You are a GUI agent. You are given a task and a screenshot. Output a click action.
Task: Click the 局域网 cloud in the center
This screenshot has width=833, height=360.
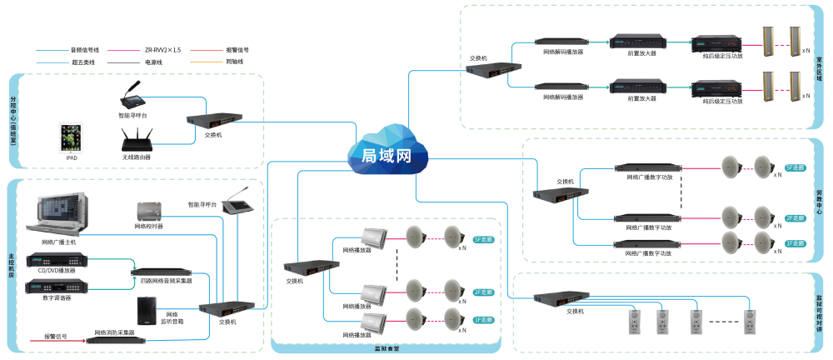(387, 152)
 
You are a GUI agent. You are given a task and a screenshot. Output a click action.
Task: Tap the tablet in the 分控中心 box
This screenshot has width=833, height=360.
(71, 137)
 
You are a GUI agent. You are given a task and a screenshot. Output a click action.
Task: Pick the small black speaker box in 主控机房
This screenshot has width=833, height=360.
(147, 311)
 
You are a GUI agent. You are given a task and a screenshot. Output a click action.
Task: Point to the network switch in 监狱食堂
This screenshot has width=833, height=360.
(311, 267)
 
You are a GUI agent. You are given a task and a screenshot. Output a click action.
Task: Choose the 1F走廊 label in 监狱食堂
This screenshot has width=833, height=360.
(483, 320)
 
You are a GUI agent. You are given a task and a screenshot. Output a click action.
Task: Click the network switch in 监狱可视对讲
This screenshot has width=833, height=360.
(560, 297)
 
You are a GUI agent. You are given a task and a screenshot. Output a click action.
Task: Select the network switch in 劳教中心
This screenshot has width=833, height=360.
(559, 195)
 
